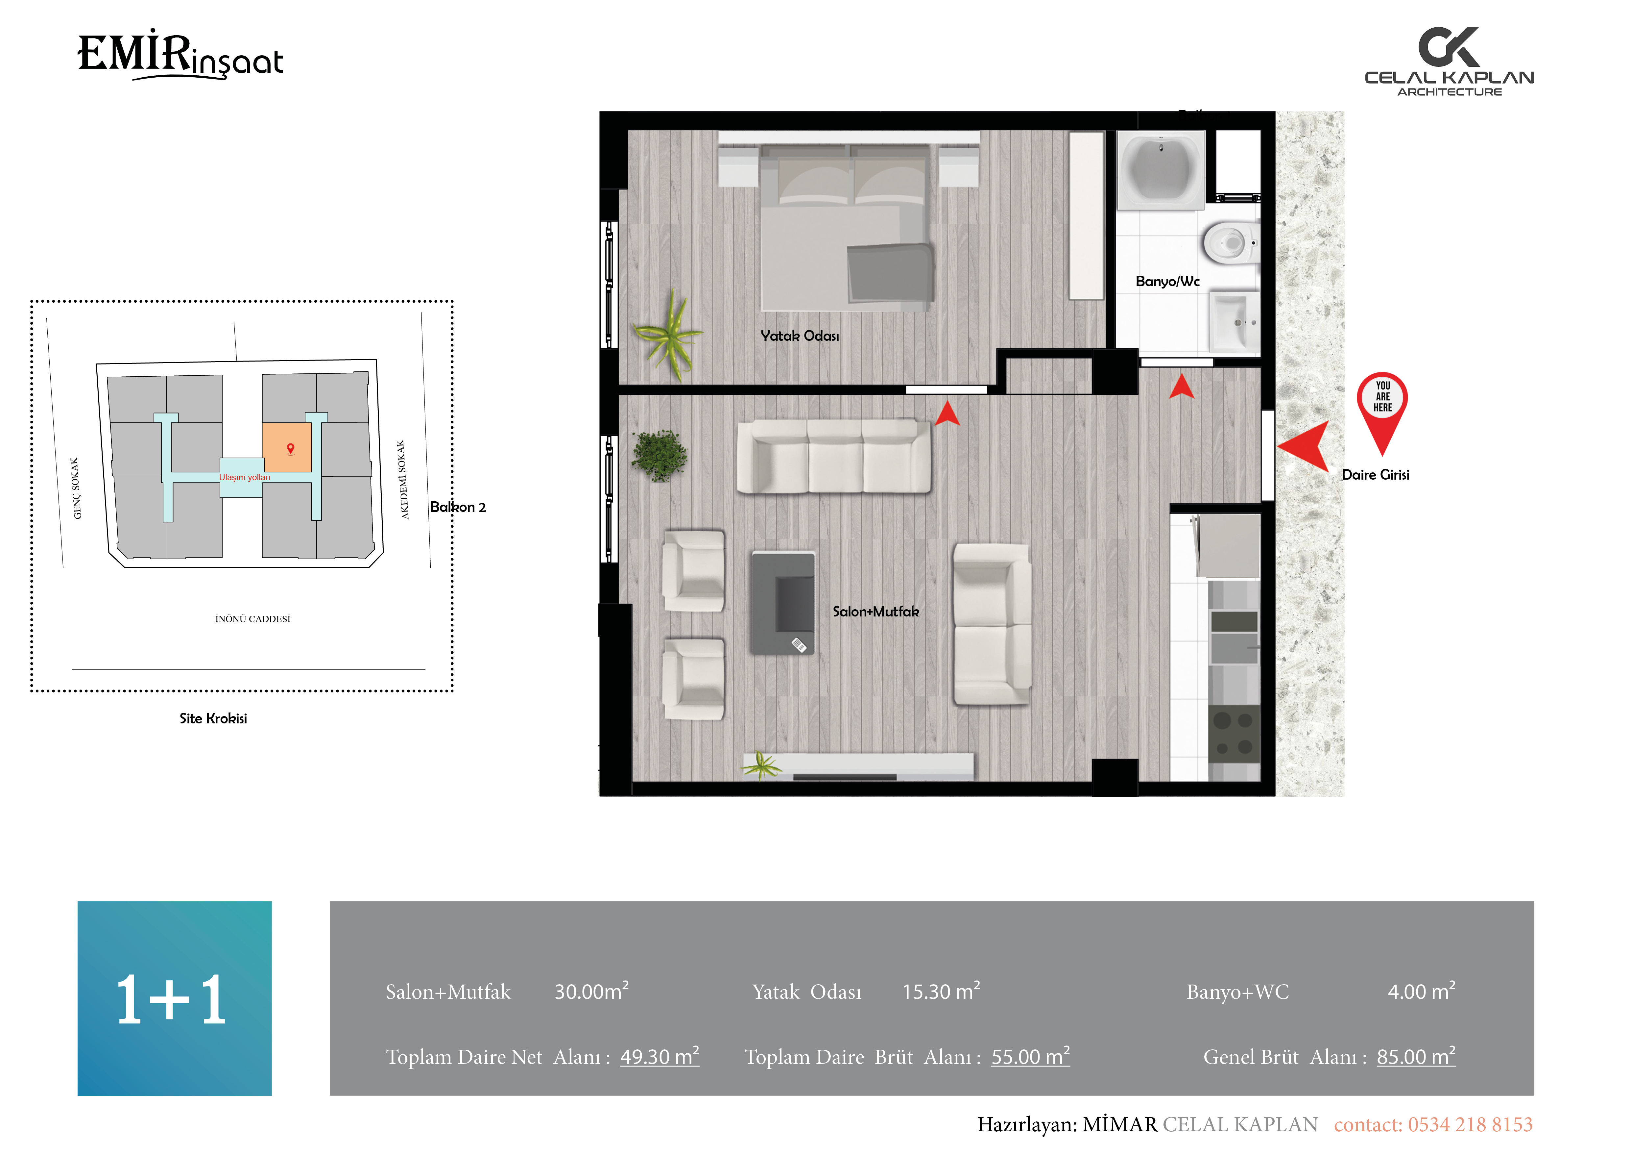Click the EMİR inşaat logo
coord(180,55)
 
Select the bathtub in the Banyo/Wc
coord(1161,169)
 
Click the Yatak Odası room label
coord(800,336)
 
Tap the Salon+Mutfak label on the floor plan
coord(876,611)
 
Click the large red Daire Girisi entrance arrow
coord(1304,446)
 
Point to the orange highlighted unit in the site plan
coord(287,448)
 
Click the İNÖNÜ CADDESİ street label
coord(253,619)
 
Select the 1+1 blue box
coord(175,998)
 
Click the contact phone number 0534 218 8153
coord(1471,1124)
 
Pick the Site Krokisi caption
coord(213,718)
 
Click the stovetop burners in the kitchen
coord(1234,733)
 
